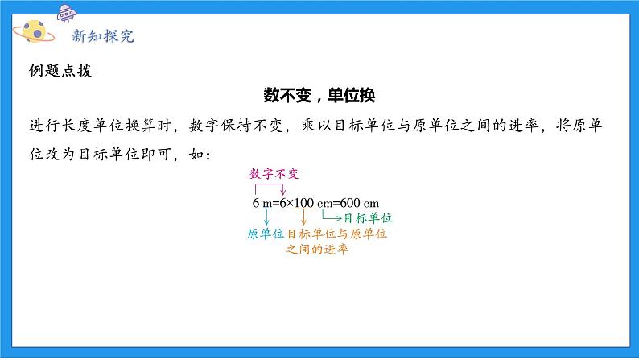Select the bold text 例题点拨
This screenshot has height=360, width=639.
(x=59, y=70)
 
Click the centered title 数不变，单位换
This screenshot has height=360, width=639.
(x=320, y=95)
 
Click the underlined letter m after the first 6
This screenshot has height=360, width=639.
(x=266, y=202)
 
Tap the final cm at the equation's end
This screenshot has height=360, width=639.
(x=371, y=202)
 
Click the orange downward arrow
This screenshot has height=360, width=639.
(x=303, y=217)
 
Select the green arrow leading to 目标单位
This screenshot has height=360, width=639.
(x=330, y=216)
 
